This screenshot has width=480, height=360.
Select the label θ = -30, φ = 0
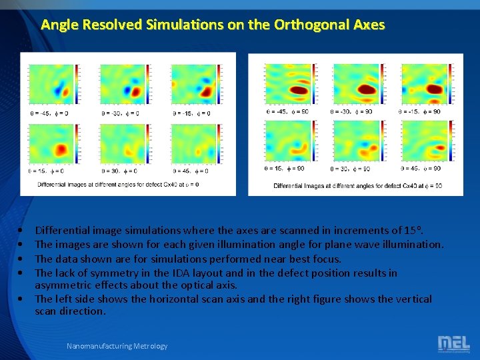(121, 113)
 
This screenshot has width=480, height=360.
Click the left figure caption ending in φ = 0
(117, 185)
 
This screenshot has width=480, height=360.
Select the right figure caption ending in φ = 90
(357, 186)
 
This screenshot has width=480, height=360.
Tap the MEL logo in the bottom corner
(453, 343)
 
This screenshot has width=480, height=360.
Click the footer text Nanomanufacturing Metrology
(117, 346)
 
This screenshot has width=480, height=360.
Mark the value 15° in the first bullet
(412, 231)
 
